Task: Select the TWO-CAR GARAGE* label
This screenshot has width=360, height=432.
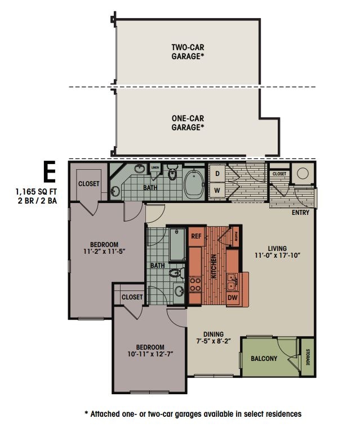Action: click(x=188, y=52)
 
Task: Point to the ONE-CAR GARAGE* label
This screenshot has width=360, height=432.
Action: click(x=188, y=123)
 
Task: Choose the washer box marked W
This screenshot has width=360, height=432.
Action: click(x=216, y=190)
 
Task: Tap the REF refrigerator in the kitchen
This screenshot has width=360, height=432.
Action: click(x=196, y=236)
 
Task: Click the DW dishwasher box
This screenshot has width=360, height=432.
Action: click(x=233, y=298)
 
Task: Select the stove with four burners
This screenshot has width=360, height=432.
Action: click(x=195, y=284)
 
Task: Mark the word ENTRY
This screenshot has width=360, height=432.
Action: click(x=300, y=213)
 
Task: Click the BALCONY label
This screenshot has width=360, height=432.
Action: click(x=264, y=358)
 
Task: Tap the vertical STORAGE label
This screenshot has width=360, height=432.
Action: click(x=308, y=358)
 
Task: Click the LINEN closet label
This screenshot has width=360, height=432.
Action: click(x=155, y=167)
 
